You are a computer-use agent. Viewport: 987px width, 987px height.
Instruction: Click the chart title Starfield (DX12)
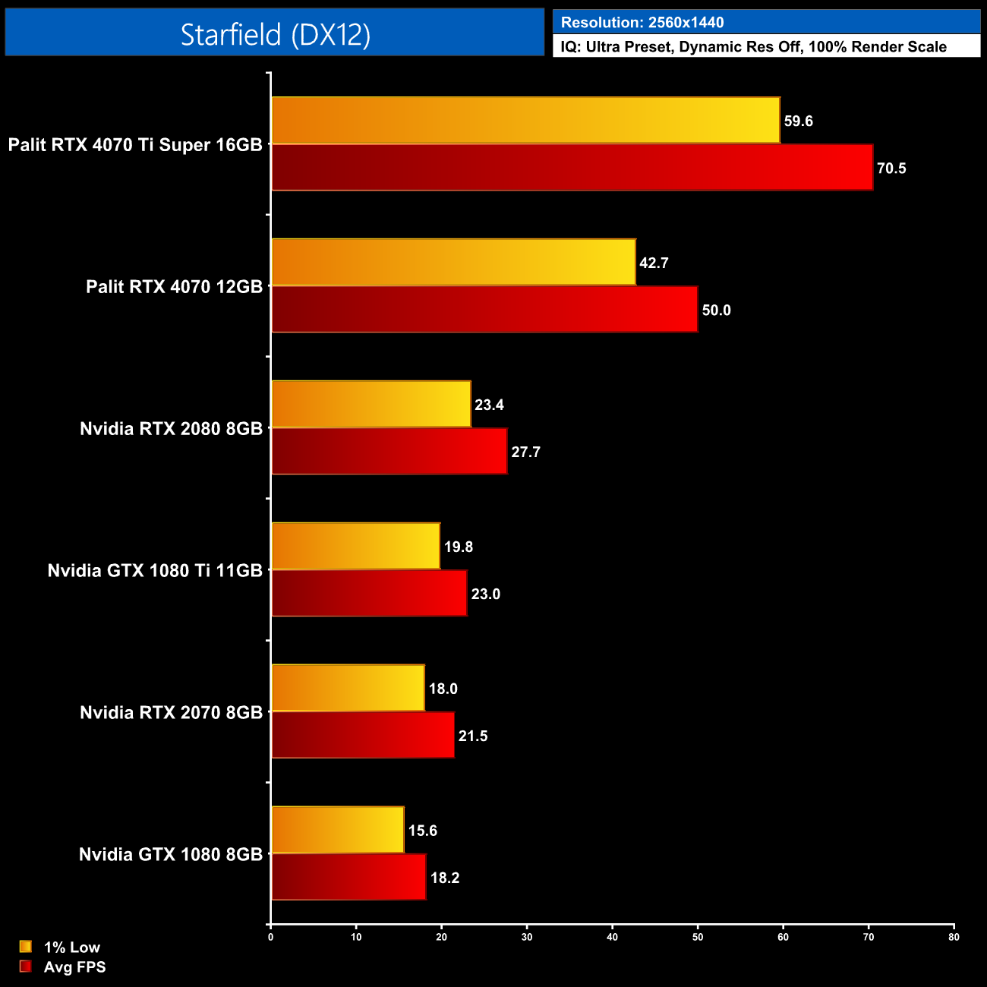275,34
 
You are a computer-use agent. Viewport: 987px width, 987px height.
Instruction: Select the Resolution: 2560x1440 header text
642,23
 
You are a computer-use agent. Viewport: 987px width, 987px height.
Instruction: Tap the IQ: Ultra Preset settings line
753,47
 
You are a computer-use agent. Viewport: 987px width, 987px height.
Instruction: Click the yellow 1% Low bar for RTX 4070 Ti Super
525,120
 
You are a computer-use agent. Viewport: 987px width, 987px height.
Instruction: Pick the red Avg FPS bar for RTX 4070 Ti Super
572,168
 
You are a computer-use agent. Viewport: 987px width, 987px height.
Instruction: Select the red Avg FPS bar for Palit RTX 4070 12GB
484,309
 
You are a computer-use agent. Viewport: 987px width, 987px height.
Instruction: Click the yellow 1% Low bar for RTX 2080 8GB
371,404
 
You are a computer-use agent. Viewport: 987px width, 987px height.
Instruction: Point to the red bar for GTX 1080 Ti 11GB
369,593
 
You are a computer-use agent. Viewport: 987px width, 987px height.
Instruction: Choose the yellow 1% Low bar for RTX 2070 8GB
348,688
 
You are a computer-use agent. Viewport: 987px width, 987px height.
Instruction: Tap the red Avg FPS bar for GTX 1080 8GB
348,877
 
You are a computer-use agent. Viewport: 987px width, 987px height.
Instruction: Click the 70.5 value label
891,169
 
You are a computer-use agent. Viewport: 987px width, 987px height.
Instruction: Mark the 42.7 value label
654,263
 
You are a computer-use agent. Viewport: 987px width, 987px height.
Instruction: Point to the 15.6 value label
422,831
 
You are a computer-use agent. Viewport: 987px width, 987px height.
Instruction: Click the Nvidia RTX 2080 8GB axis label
171,429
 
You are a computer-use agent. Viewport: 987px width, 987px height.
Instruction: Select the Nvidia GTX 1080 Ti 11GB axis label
155,571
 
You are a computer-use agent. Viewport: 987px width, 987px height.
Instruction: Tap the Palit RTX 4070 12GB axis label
174,287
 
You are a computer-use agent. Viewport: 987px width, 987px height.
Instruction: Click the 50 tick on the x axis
698,937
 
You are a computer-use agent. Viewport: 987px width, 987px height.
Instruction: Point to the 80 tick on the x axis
954,937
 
